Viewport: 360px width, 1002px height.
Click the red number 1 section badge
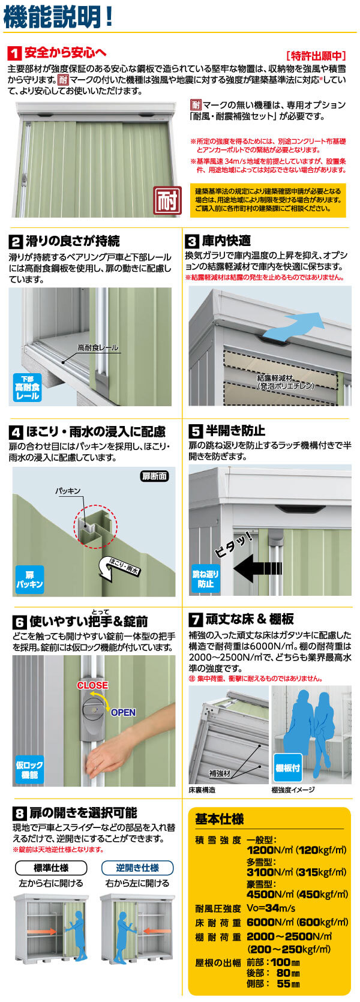point(14,53)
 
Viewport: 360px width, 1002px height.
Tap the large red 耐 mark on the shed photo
point(168,200)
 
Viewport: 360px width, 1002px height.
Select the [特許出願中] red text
point(316,55)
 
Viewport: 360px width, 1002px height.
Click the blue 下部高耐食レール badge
point(27,388)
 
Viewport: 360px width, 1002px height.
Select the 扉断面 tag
point(154,476)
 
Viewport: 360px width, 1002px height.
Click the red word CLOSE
point(92,685)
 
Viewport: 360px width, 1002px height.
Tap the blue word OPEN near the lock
point(123,712)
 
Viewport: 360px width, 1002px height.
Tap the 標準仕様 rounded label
point(51,868)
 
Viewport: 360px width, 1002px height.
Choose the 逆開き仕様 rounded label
point(137,868)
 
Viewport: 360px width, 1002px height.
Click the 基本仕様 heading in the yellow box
point(219,819)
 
